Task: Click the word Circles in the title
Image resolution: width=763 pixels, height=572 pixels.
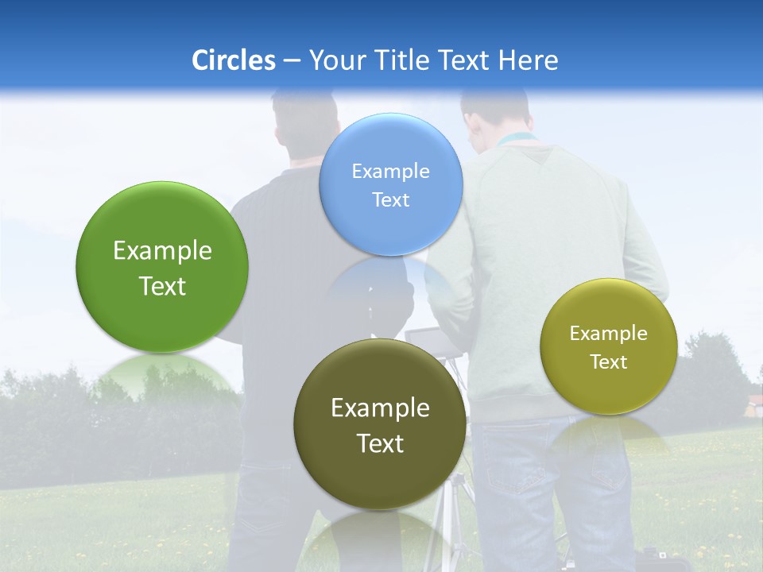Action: pyautogui.click(x=233, y=60)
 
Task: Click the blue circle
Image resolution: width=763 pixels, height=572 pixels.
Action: pyautogui.click(x=391, y=184)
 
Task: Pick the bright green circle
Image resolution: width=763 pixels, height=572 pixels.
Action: pyautogui.click(x=162, y=267)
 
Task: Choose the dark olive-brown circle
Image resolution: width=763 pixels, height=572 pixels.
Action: pyautogui.click(x=380, y=423)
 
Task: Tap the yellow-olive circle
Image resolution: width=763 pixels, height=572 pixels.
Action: pyautogui.click(x=609, y=346)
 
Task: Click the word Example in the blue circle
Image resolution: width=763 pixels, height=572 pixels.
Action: pyautogui.click(x=391, y=171)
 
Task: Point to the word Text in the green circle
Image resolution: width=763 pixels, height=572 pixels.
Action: pyautogui.click(x=162, y=286)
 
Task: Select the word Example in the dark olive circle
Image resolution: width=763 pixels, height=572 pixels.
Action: pyautogui.click(x=380, y=408)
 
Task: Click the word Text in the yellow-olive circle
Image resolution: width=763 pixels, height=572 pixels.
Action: pyautogui.click(x=609, y=362)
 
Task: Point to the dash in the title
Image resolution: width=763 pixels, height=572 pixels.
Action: pyautogui.click(x=292, y=61)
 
